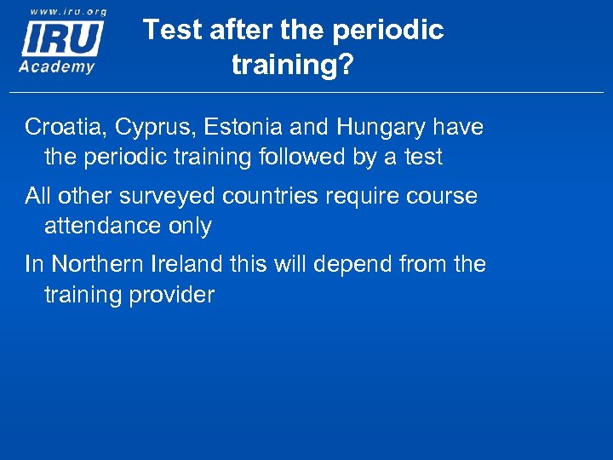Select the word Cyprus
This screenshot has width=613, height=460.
[x=136, y=129]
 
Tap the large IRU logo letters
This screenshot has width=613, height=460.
[x=62, y=38]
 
